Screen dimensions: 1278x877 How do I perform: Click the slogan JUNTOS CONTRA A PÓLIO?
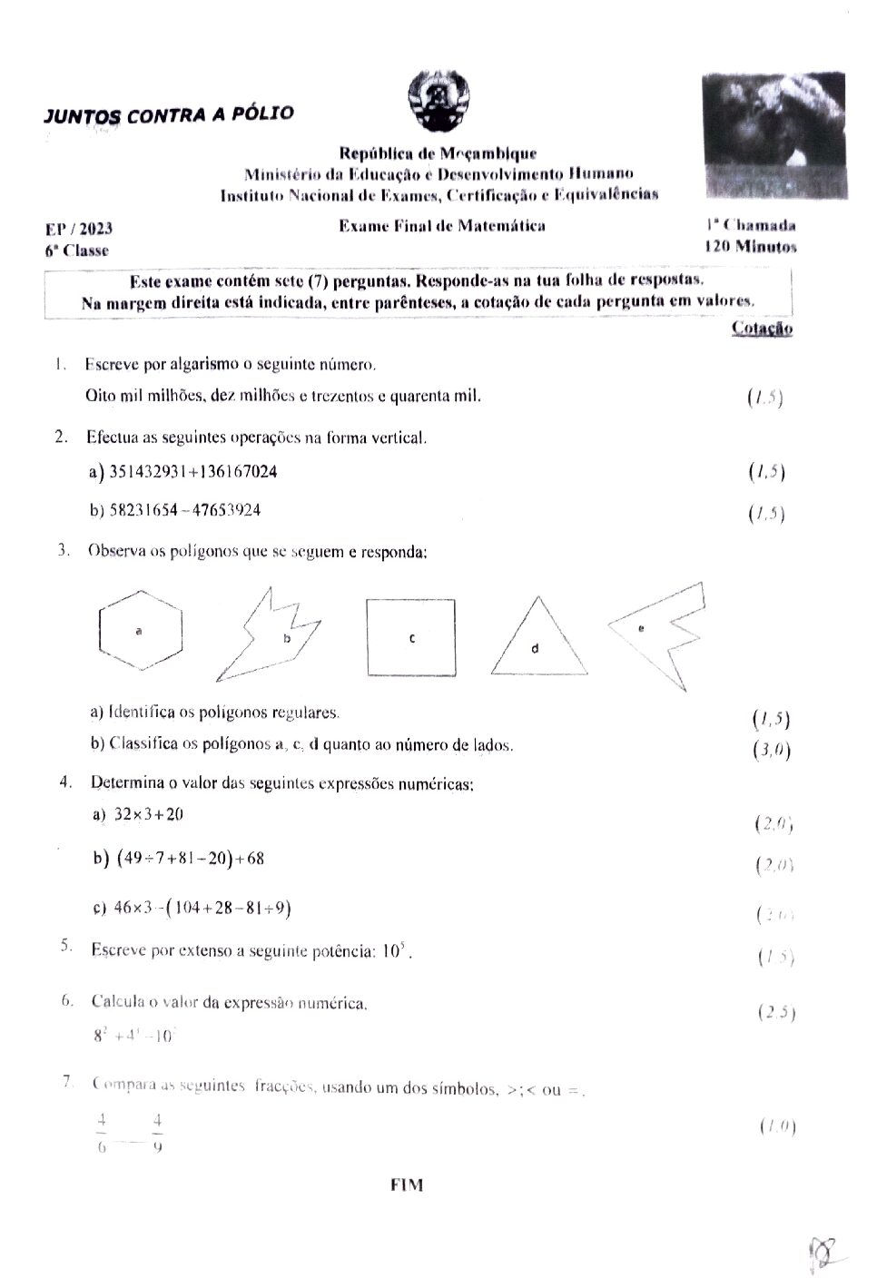pyautogui.click(x=169, y=115)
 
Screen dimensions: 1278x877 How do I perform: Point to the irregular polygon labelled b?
pyautogui.click(x=271, y=635)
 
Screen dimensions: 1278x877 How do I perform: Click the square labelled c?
pyautogui.click(x=411, y=638)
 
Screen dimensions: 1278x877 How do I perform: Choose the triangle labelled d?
pyautogui.click(x=537, y=639)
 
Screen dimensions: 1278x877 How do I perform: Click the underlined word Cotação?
pyautogui.click(x=761, y=329)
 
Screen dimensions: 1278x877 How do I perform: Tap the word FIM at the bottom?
pyautogui.click(x=406, y=1184)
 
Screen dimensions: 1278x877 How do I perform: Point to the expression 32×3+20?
pyautogui.click(x=150, y=814)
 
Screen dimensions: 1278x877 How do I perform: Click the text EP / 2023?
pyautogui.click(x=79, y=230)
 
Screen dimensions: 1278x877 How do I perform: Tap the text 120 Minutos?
pyautogui.click(x=750, y=246)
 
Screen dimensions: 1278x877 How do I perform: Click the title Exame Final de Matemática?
pyautogui.click(x=441, y=226)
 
